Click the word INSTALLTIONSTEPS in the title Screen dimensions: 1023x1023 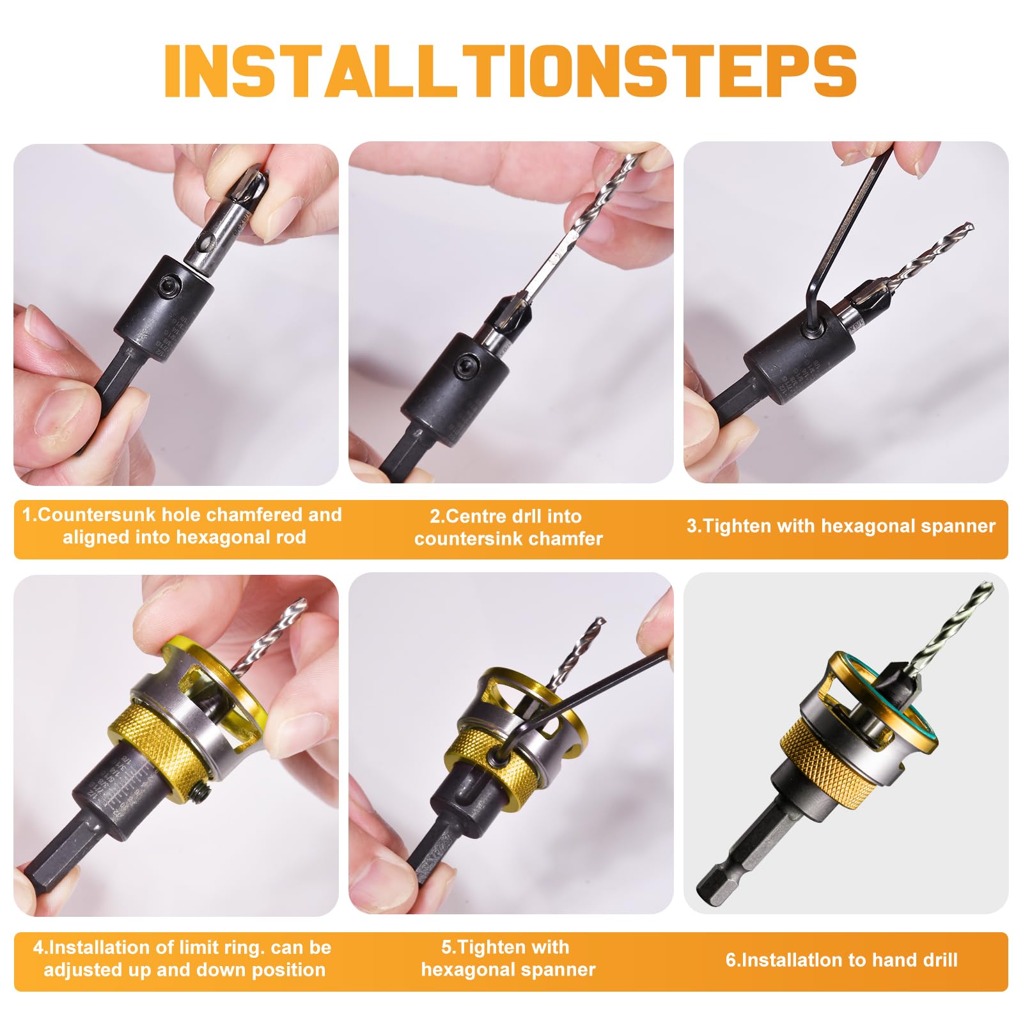[x=510, y=70]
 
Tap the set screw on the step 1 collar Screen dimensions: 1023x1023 [x=171, y=285]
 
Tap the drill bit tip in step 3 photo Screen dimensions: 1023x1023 [x=971, y=226]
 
